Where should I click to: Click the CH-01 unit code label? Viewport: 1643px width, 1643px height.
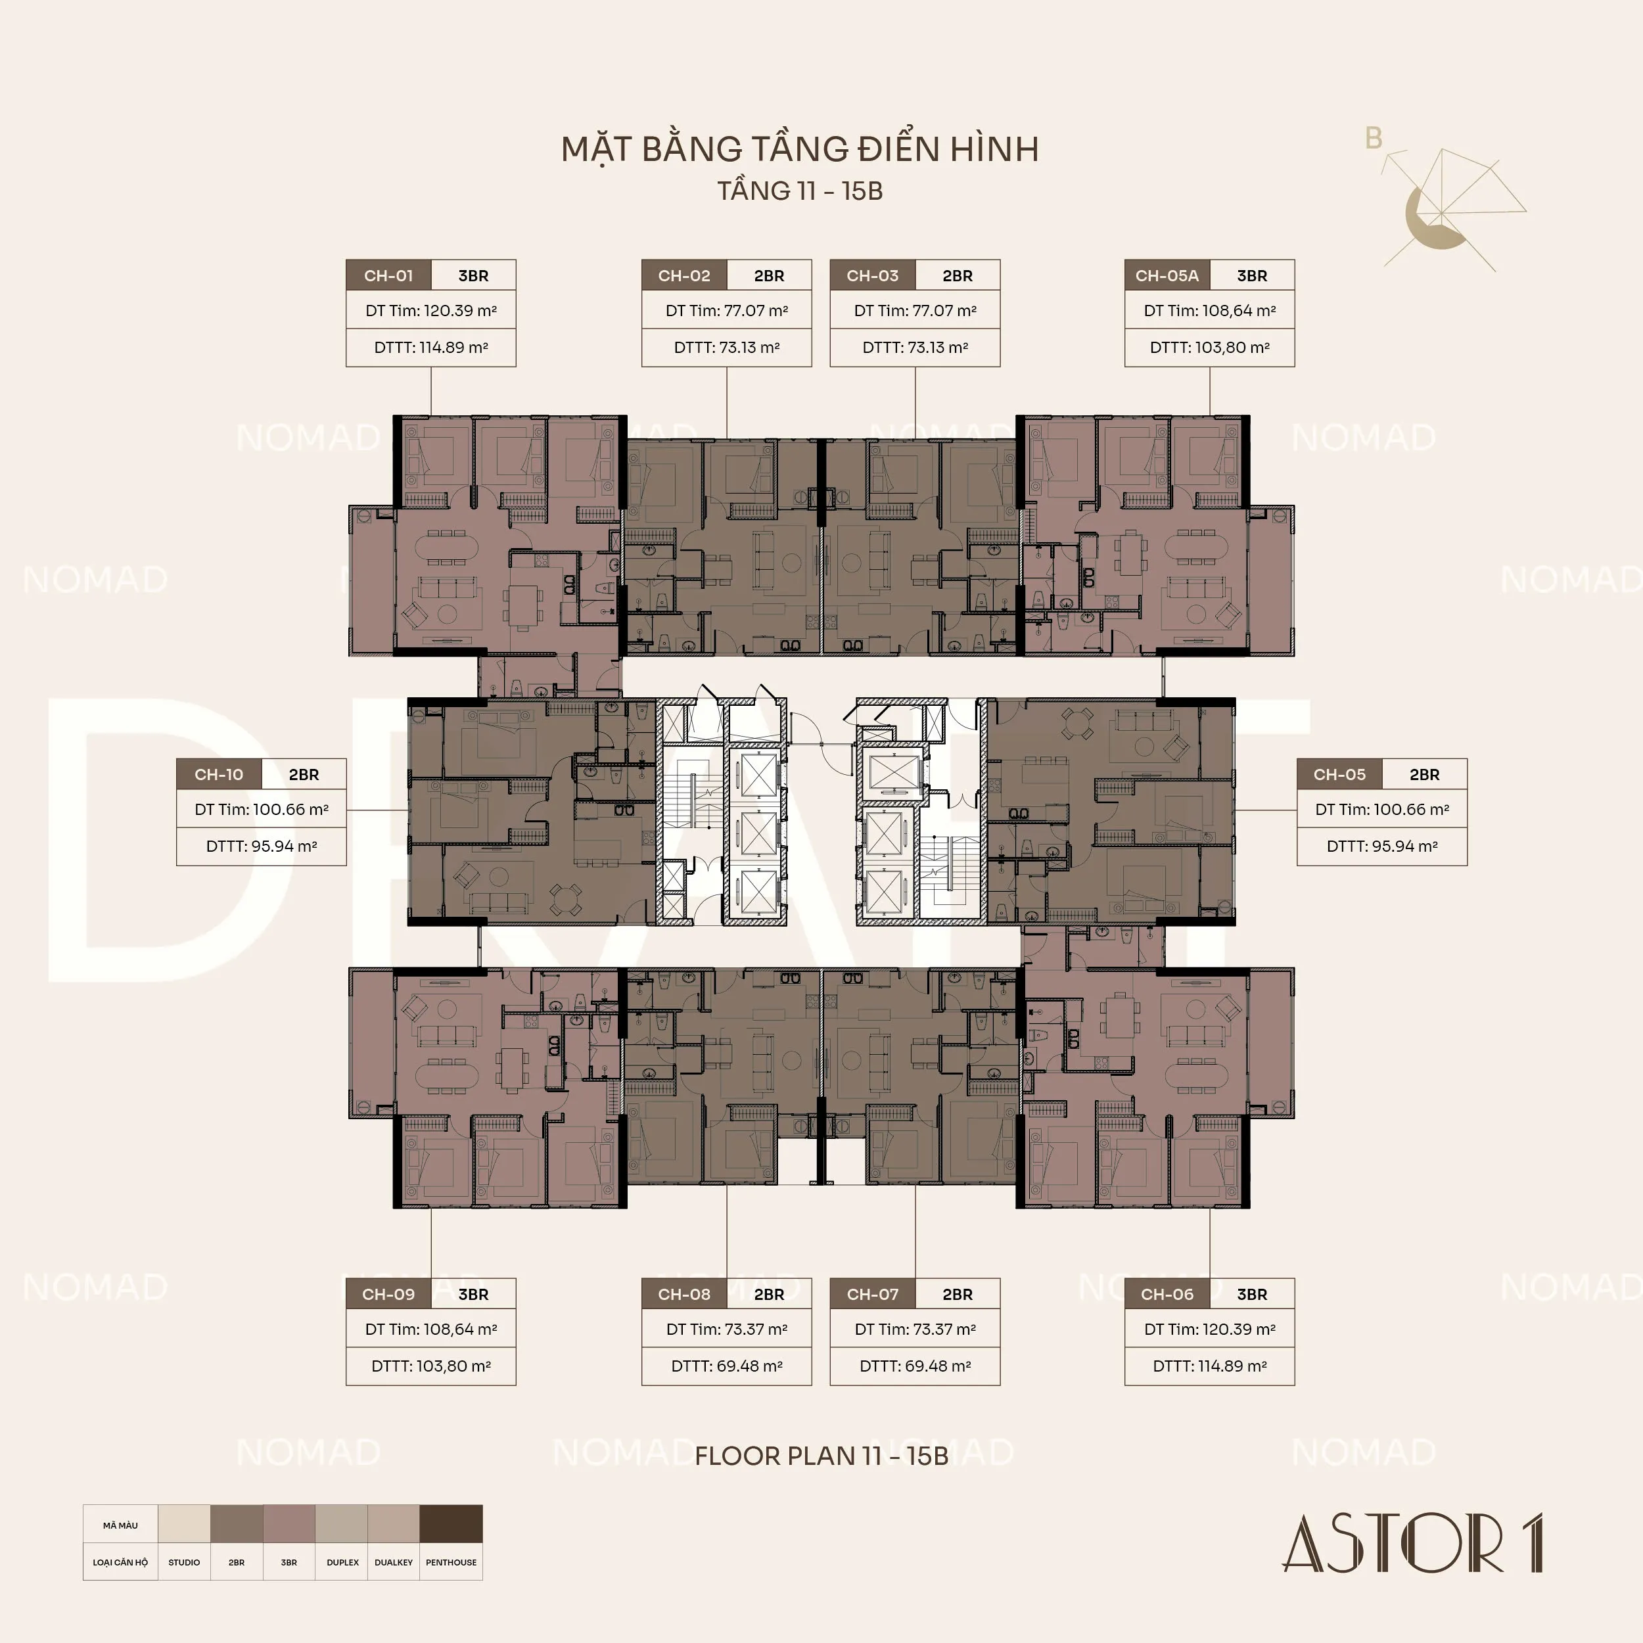[388, 275]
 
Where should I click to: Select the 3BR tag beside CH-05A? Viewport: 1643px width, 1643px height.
[1252, 275]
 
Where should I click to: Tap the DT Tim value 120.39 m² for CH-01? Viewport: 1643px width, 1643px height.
[431, 310]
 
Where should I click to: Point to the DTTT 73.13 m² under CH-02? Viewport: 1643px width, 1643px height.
[727, 347]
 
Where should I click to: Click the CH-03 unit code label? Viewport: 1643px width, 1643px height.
[873, 275]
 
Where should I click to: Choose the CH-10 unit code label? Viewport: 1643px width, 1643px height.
[219, 775]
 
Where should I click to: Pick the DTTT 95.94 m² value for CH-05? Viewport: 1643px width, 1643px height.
[1382, 846]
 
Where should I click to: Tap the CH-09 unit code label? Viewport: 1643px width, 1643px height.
[388, 1294]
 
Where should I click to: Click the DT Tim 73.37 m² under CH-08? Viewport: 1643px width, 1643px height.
[727, 1330]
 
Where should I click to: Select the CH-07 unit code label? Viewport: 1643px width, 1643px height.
[873, 1294]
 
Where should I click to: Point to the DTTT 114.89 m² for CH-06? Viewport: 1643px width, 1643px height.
[1209, 1366]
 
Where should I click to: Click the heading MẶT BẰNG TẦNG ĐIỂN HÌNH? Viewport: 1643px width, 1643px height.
[799, 149]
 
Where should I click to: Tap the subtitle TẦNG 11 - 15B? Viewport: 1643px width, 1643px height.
[799, 191]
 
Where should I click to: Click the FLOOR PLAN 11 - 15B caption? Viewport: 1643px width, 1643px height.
[821, 1455]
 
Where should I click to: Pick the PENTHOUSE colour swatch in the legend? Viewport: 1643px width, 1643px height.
[451, 1524]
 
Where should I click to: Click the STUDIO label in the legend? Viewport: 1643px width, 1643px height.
[184, 1562]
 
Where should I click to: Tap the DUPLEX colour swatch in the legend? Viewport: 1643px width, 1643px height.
[342, 1524]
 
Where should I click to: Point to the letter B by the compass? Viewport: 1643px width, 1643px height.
[1374, 138]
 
